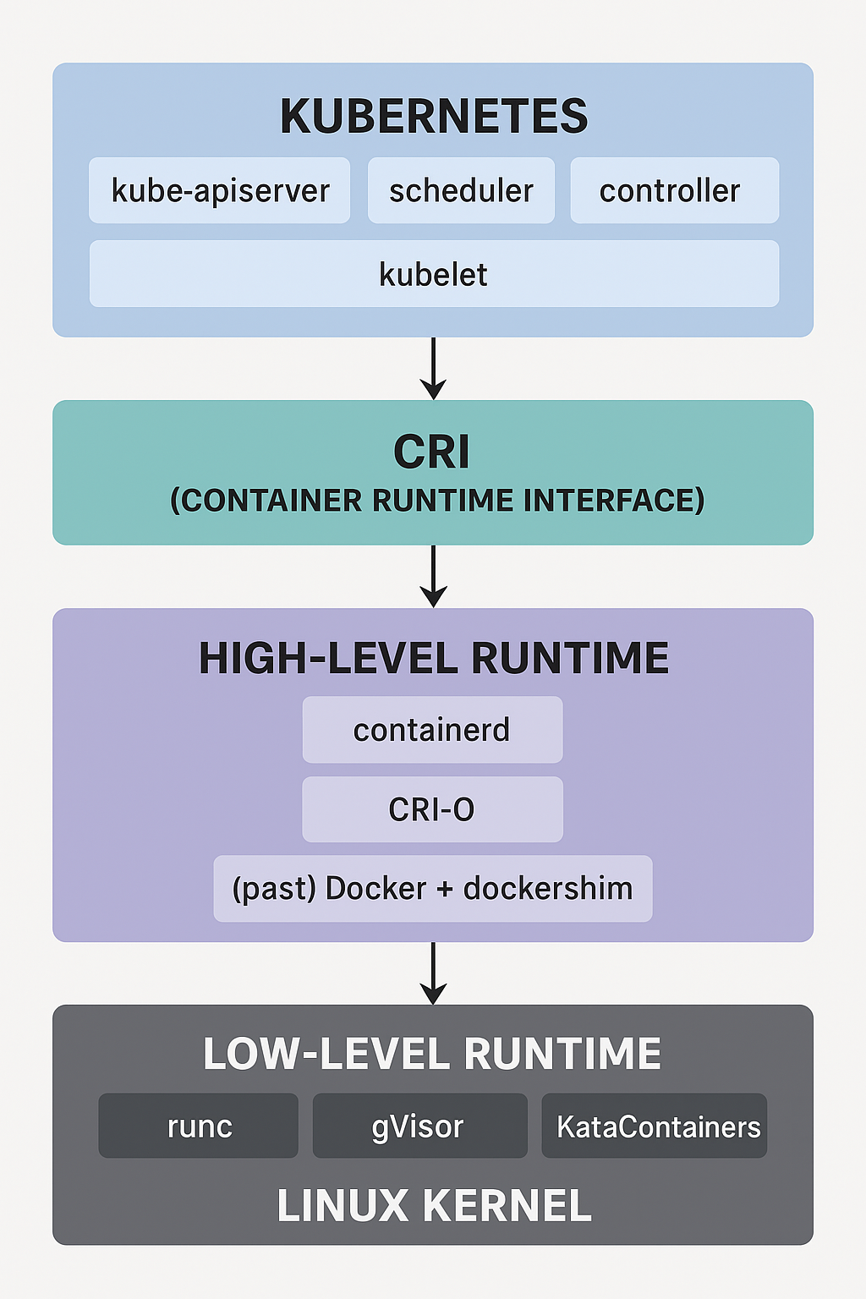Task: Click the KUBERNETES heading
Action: (434, 116)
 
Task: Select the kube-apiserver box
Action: (219, 190)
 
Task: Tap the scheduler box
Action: (461, 190)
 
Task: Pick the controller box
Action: (675, 190)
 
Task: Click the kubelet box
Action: (434, 274)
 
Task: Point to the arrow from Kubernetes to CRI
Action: (433, 368)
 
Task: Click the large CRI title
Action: (431, 452)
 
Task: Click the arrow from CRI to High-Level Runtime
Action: (433, 576)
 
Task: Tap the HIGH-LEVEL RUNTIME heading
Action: (434, 658)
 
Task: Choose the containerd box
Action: (433, 730)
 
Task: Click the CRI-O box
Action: (433, 809)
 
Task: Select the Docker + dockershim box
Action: (433, 889)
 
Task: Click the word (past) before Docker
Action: (274, 889)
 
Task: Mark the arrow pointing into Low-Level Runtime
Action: (433, 973)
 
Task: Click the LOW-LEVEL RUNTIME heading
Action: (432, 1053)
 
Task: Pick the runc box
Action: (199, 1126)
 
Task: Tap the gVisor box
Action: (420, 1126)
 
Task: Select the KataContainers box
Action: (655, 1126)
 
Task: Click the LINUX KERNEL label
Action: (434, 1206)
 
